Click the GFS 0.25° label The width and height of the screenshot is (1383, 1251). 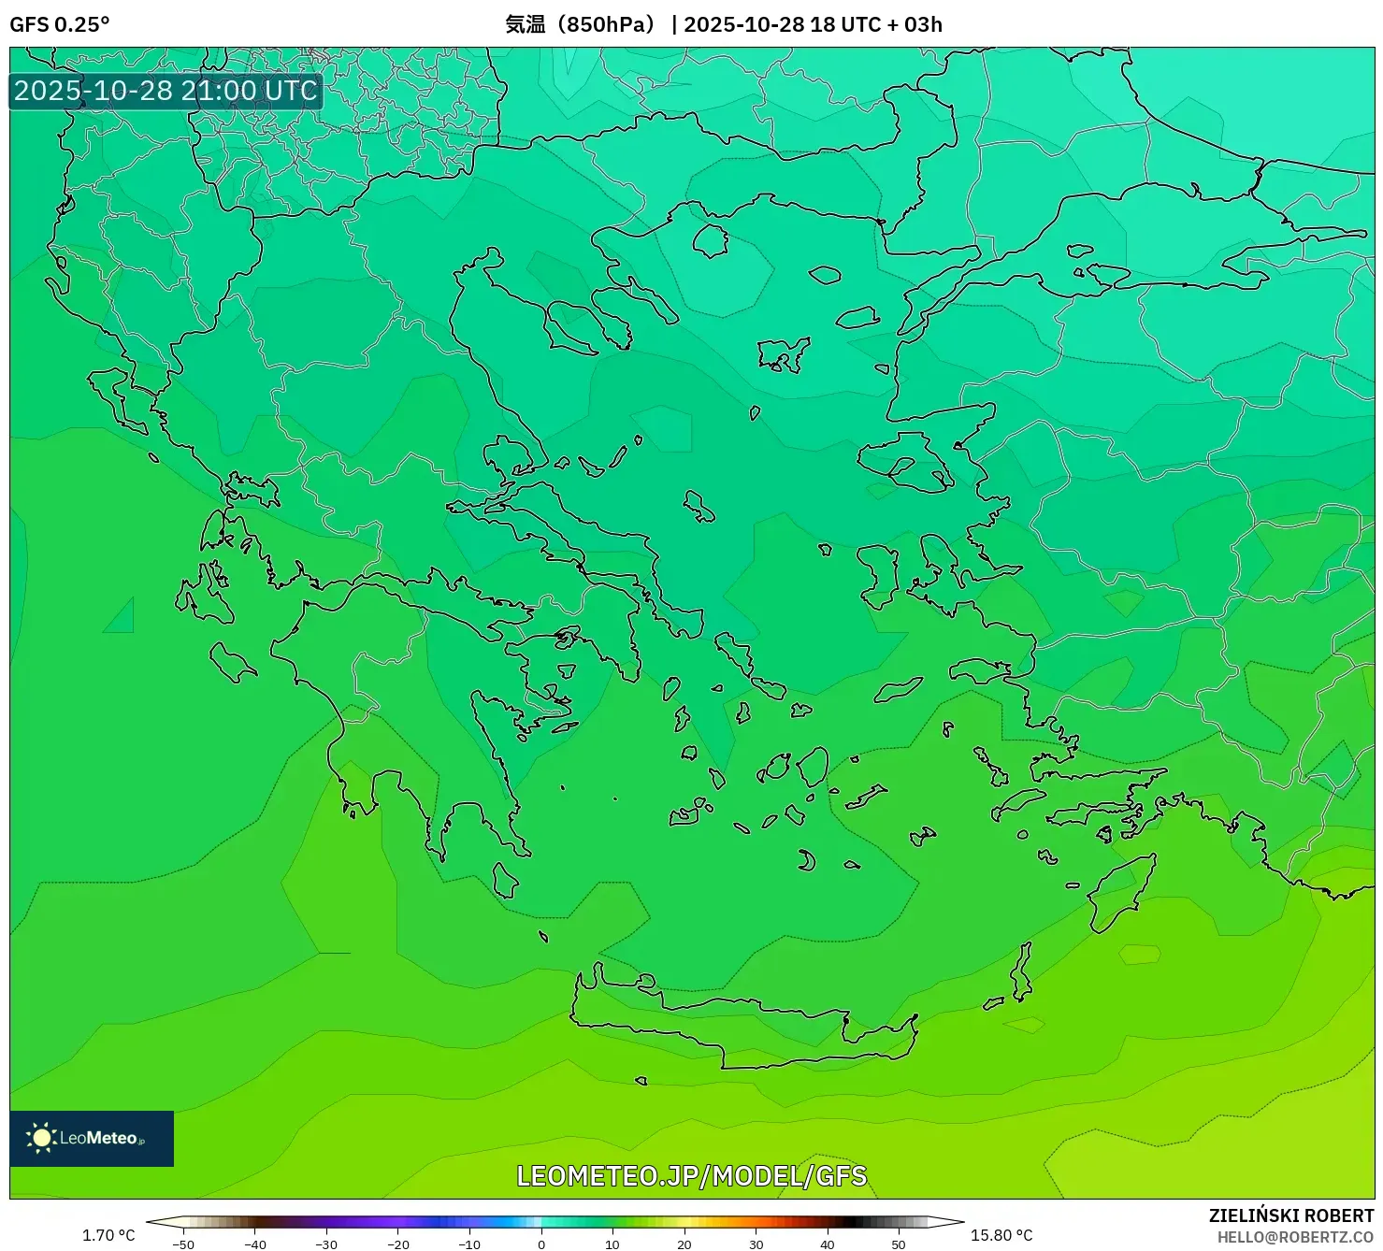59,24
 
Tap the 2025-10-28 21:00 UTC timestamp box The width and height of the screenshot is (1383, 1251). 166,91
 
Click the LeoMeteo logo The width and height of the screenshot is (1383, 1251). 92,1138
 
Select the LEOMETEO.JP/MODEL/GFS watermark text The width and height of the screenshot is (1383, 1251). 691,1175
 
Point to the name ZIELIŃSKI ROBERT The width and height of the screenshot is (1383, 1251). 1290,1215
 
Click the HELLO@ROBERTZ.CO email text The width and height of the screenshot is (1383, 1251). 1295,1237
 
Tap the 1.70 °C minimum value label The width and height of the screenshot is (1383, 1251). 108,1235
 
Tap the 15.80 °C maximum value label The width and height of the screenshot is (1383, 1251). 1001,1235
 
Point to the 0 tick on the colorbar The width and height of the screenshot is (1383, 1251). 541,1244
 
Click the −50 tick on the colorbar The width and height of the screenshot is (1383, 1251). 183,1244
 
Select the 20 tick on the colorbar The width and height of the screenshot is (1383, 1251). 684,1244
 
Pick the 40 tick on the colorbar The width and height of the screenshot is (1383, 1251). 828,1244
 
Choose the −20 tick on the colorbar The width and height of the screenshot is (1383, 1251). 398,1244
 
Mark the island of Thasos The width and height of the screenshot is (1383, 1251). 711,240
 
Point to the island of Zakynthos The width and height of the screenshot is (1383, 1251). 231,662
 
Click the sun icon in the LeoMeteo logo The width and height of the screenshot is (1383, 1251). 41,1138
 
